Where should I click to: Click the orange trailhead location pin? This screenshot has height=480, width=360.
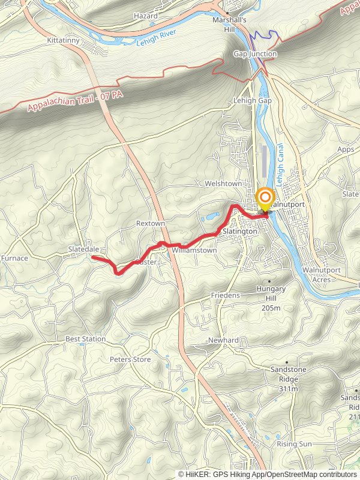click(264, 198)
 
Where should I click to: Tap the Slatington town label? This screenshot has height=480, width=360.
click(240, 231)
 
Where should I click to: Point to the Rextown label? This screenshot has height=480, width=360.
click(150, 223)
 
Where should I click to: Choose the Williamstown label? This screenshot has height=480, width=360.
click(194, 250)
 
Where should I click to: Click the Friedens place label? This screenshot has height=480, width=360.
click(225, 296)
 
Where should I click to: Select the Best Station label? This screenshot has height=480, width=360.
click(85, 339)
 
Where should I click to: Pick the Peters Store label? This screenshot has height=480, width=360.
click(130, 359)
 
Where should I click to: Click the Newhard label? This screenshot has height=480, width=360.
click(223, 340)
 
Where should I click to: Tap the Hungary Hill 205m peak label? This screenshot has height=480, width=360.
click(271, 298)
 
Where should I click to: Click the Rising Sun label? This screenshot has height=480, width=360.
click(294, 444)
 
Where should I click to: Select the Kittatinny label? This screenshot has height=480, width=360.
click(64, 41)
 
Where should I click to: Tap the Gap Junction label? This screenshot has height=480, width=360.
click(255, 54)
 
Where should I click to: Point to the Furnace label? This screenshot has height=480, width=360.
click(14, 258)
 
